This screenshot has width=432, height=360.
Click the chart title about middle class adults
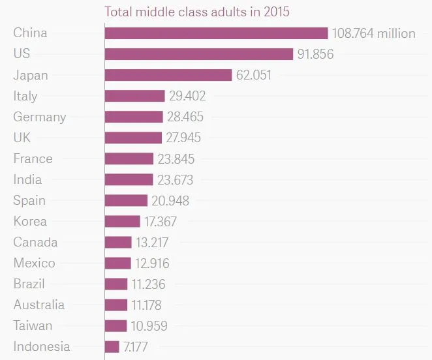pos(197,12)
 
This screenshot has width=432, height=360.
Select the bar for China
pos(216,33)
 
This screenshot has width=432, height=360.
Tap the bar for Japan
pos(168,75)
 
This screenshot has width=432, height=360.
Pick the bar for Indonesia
pos(112,346)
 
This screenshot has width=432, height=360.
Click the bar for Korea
pos(123,221)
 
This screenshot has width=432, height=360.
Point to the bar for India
pos(129,179)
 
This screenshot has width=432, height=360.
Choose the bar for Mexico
pos(118,263)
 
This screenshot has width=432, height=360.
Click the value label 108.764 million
pos(373,33)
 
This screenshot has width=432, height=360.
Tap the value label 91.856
pos(315,54)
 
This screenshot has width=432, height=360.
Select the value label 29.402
pos(187,96)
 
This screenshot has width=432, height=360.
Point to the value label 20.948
pos(170,200)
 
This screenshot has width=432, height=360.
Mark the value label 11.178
pos(146,305)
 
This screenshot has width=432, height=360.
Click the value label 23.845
pos(176,158)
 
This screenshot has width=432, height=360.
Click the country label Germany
pos(40,117)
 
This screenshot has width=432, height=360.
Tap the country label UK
pos(22,138)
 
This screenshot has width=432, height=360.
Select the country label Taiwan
pos(33,325)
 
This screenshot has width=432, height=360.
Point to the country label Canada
pos(35,242)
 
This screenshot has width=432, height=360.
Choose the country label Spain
pos(29,200)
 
